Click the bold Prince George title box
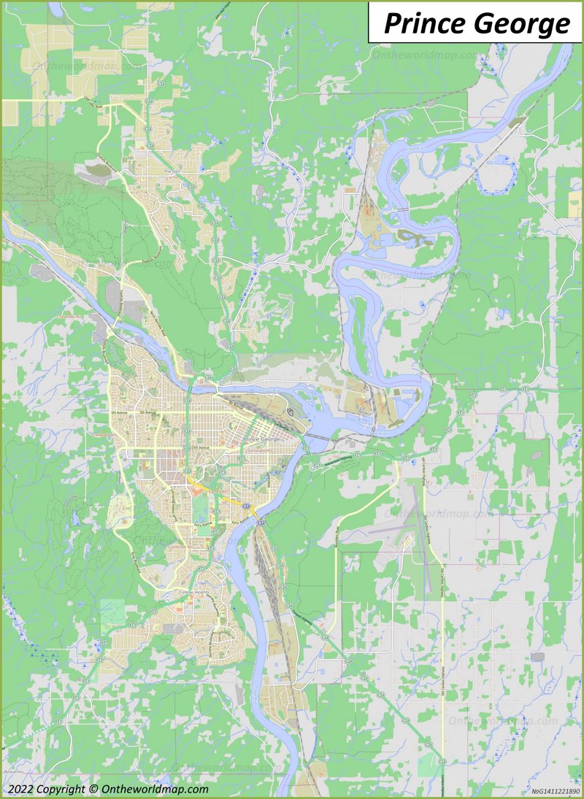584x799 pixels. (476, 23)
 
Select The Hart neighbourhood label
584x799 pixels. (172, 171)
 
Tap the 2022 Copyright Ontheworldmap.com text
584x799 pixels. (108, 789)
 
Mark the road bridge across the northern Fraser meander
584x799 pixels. (402, 209)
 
